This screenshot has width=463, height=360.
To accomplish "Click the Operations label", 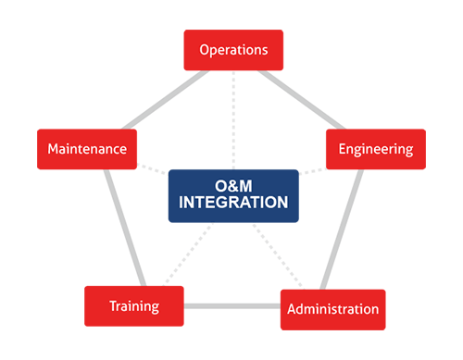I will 233,49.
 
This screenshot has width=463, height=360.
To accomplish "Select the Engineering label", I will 375,148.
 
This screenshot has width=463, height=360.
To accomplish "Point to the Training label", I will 134,306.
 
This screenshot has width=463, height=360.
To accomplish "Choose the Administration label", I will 332,308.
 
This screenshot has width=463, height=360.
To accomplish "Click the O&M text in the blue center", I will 233,184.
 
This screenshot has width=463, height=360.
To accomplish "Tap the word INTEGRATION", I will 233,201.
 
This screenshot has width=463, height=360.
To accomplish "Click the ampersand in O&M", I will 232,184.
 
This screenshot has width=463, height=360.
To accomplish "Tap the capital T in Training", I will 113,306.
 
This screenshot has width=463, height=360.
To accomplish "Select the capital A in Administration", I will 292,308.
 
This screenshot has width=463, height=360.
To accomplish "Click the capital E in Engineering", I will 343,148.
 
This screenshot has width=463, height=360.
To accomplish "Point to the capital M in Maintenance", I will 52,148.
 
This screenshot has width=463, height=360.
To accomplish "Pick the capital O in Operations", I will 205,49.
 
